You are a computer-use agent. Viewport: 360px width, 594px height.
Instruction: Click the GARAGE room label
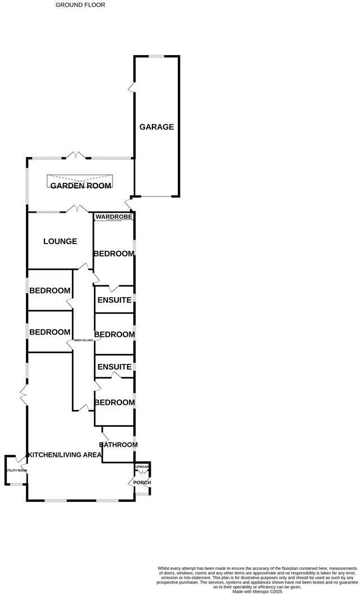156,127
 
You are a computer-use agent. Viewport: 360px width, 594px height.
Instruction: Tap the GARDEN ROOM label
81,186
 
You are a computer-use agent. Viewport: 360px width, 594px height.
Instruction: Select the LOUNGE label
60,241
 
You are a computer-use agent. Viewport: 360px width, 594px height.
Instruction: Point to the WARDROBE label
114,217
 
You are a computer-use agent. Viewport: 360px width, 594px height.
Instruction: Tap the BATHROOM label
118,445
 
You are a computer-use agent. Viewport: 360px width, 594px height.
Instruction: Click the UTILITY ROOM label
16,470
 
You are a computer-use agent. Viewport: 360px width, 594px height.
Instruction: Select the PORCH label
142,483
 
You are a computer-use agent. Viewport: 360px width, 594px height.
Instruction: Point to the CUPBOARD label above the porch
142,467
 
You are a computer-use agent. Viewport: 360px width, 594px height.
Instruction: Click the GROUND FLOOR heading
80,4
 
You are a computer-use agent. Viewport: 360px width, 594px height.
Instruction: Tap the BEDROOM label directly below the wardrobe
114,254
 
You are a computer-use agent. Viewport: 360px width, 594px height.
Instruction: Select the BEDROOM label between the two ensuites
114,335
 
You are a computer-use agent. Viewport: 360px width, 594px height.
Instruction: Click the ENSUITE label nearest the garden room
114,300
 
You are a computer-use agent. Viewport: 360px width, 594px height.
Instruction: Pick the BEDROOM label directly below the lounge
50,291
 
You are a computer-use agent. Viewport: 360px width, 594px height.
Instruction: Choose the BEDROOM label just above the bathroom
114,403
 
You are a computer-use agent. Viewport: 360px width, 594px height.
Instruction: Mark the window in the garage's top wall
156,56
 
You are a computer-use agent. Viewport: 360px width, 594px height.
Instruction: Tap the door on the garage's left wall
132,88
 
